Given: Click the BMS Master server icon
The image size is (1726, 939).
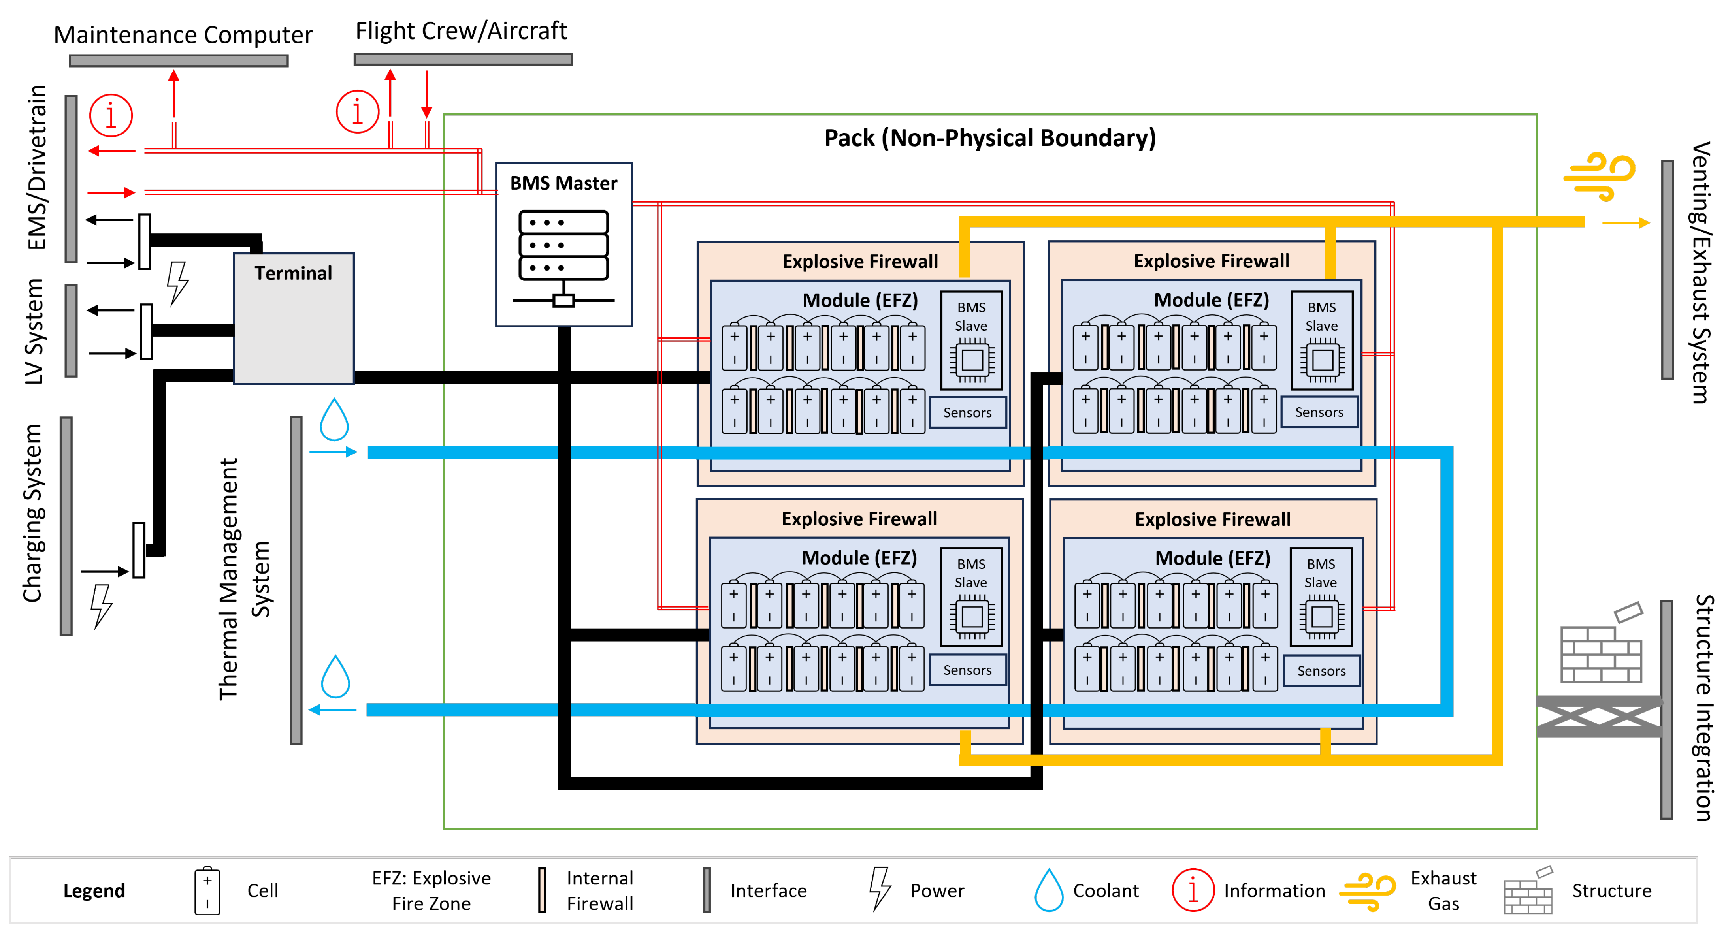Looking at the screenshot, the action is (563, 258).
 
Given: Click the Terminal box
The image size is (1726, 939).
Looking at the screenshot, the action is (294, 318).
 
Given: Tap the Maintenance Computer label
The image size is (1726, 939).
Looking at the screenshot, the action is (183, 35).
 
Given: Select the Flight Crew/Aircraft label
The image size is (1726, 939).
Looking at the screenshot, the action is (461, 31).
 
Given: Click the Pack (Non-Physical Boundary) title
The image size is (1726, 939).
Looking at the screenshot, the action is (989, 138).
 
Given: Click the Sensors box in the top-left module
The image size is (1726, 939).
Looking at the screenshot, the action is (968, 412).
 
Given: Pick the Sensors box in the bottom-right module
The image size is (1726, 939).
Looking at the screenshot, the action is (1321, 670).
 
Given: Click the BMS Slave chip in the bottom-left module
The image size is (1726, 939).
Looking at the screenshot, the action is (972, 616).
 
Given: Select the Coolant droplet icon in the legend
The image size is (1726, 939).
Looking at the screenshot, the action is (1049, 890).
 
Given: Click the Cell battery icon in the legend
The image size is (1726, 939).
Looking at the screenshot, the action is (207, 890).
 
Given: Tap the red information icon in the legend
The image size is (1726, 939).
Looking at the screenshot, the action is (1193, 890).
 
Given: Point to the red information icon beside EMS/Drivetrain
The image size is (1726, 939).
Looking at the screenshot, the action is (111, 115).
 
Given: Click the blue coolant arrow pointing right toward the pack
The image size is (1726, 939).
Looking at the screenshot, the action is (333, 452).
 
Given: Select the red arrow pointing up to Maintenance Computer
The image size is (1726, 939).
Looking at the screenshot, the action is (173, 109).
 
